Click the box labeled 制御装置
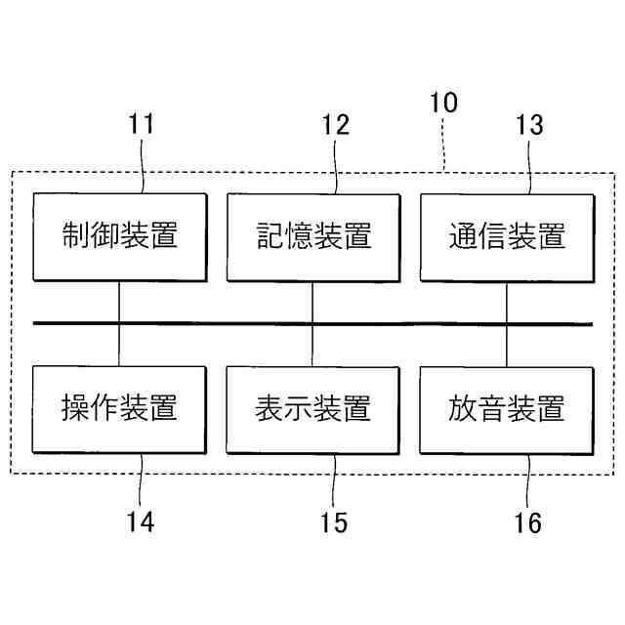click(119, 236)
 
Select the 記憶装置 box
click(312, 236)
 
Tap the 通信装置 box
click(506, 236)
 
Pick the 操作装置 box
click(119, 408)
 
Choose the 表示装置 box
click(312, 408)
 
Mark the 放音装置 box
click(506, 408)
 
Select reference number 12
click(335, 125)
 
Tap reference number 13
click(528, 125)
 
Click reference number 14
click(140, 522)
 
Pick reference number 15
click(334, 522)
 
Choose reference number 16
click(527, 522)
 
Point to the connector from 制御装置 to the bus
click(119, 302)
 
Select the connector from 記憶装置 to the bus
click(312, 302)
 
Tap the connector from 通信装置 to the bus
click(506, 302)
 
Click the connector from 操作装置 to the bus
click(119, 346)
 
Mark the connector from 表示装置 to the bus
click(312, 346)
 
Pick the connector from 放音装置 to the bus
click(506, 346)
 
